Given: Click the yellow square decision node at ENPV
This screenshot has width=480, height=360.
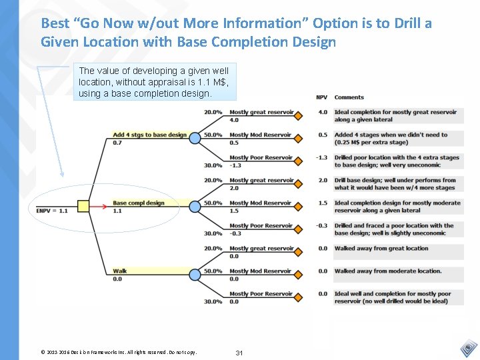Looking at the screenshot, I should [83, 207].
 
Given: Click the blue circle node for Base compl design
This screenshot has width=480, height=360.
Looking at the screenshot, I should [195, 207].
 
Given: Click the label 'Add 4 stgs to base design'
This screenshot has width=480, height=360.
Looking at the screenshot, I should [149, 135].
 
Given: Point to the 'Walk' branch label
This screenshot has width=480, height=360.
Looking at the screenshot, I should [120, 271].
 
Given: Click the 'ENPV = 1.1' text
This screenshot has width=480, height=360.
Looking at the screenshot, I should [52, 211].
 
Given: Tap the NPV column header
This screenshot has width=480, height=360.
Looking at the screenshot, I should [321, 98].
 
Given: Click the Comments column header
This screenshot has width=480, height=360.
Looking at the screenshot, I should [349, 98].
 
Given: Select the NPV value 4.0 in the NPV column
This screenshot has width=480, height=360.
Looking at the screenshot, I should [323, 113].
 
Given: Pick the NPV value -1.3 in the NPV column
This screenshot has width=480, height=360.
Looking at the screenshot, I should [322, 158].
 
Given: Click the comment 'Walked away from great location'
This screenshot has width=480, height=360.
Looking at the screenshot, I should [381, 249].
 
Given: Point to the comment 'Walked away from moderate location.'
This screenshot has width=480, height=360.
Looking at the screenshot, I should [388, 271].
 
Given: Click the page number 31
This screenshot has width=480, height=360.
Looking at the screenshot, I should [239, 353].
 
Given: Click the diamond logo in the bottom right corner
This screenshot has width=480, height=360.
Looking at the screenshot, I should [469, 349].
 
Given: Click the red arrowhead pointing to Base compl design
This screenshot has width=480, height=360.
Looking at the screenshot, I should [106, 207].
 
